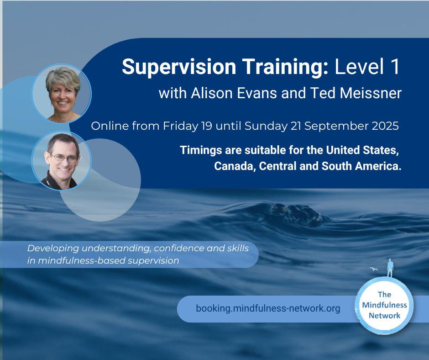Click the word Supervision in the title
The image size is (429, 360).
tap(179, 67)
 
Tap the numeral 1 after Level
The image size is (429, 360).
tap(395, 66)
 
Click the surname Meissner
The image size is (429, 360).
tap(371, 93)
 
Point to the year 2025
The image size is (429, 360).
tap(385, 126)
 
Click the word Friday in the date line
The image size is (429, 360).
tap(181, 126)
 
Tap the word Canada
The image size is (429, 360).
tap(235, 166)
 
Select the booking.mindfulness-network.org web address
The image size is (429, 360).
tap(268, 308)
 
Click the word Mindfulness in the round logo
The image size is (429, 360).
tap(384, 305)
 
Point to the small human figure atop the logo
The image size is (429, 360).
tap(390, 268)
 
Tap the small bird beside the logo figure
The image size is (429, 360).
tap(373, 269)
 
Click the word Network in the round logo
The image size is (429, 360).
tap(384, 316)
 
